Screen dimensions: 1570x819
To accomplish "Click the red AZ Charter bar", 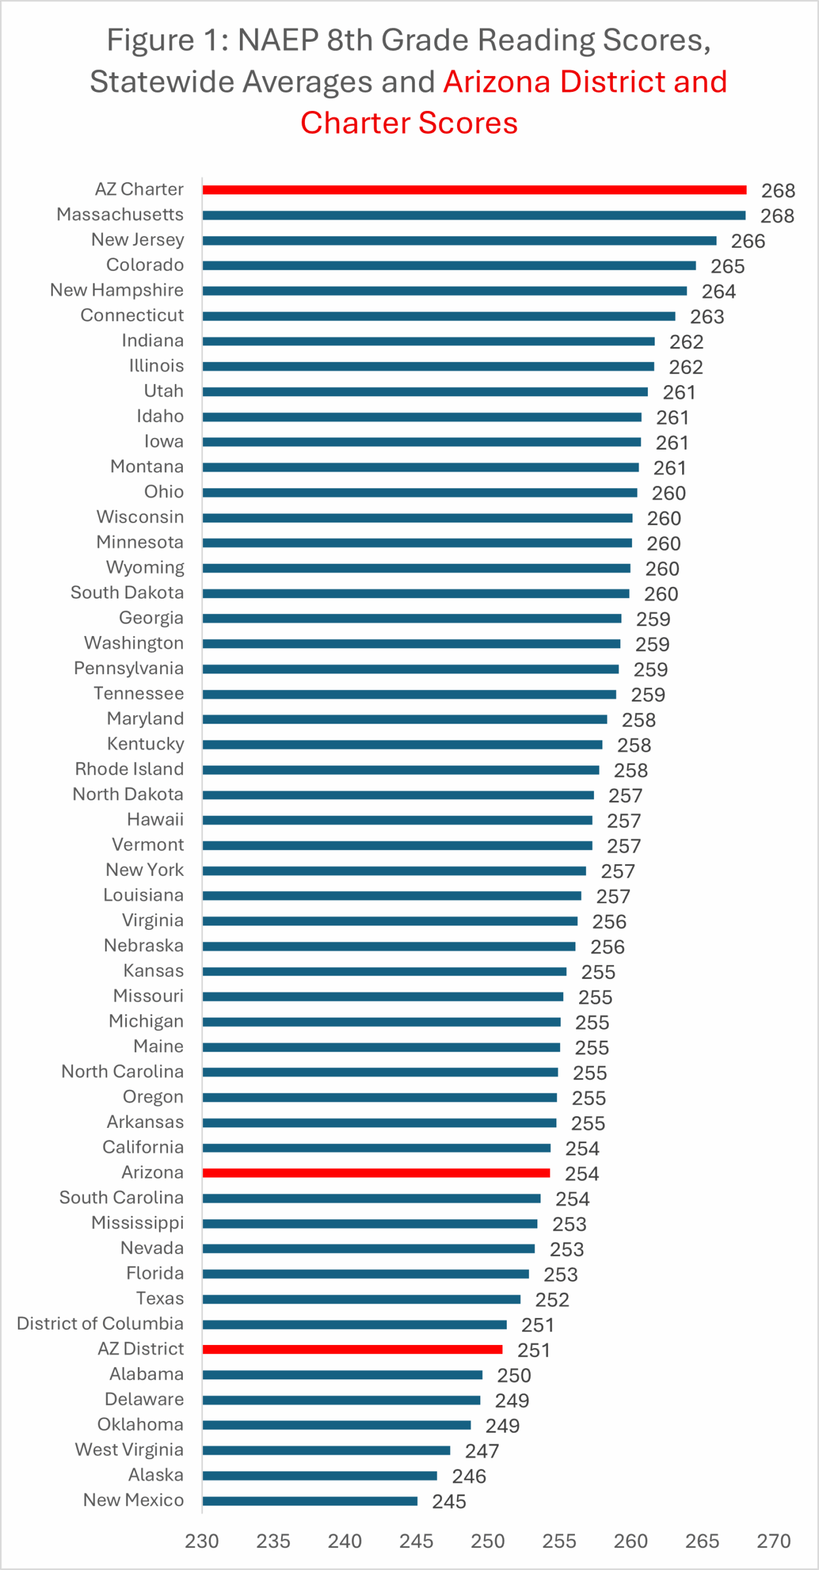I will pyautogui.click(x=474, y=190).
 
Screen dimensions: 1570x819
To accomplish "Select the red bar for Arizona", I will pyautogui.click(x=375, y=1173).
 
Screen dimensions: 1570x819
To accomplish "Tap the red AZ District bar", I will pyautogui.click(x=352, y=1349).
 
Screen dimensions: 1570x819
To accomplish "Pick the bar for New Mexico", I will pyautogui.click(x=310, y=1501).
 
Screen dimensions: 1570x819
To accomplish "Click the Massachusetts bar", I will pyautogui.click(x=474, y=215).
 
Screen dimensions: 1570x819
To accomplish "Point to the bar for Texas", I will pyautogui.click(x=361, y=1299).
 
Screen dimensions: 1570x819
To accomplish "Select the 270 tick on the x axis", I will pyautogui.click(x=774, y=1541).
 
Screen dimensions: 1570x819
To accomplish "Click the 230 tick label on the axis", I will pyautogui.click(x=202, y=1541).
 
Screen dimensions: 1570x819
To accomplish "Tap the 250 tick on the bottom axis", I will pyautogui.click(x=488, y=1541).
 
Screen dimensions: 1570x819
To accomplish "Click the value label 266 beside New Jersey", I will pyautogui.click(x=748, y=241).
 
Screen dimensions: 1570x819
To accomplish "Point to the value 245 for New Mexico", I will pyautogui.click(x=449, y=1501).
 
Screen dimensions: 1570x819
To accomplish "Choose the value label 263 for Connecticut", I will pyautogui.click(x=707, y=316).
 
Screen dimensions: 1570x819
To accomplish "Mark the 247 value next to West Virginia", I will pyautogui.click(x=482, y=1451).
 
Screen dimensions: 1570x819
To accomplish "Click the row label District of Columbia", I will pyautogui.click(x=100, y=1323).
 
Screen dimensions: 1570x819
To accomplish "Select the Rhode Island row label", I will pyautogui.click(x=129, y=769).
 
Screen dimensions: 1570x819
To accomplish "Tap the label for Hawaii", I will pyautogui.click(x=155, y=819).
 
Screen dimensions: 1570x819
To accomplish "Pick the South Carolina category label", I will pyautogui.click(x=121, y=1197).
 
